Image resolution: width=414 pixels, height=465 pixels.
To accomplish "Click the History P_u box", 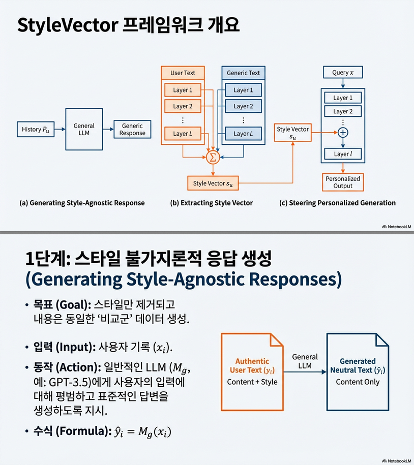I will click(x=35, y=130).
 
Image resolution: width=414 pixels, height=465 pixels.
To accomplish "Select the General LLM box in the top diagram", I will click(x=84, y=129).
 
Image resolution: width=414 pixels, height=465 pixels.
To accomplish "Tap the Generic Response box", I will click(x=132, y=130).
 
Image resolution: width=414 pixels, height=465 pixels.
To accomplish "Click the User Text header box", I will click(x=183, y=73).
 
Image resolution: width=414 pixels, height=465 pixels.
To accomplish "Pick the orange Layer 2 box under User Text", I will click(x=183, y=106).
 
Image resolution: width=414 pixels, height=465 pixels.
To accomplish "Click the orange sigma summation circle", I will click(x=213, y=158).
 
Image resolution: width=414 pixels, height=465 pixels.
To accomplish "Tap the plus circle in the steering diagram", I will click(x=343, y=132).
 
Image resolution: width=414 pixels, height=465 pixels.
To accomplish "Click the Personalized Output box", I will click(x=343, y=182).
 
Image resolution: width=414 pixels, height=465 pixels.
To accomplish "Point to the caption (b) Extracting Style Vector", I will click(x=211, y=203).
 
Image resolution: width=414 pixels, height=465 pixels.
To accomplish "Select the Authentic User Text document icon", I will click(x=252, y=371).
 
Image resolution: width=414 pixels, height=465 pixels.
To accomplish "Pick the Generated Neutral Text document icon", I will click(x=358, y=371).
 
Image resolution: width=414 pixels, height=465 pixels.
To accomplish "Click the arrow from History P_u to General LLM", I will click(x=60, y=130).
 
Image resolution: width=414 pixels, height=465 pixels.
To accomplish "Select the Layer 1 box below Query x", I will click(x=343, y=98).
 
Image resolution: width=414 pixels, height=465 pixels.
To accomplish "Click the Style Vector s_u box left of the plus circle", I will click(x=292, y=133).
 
